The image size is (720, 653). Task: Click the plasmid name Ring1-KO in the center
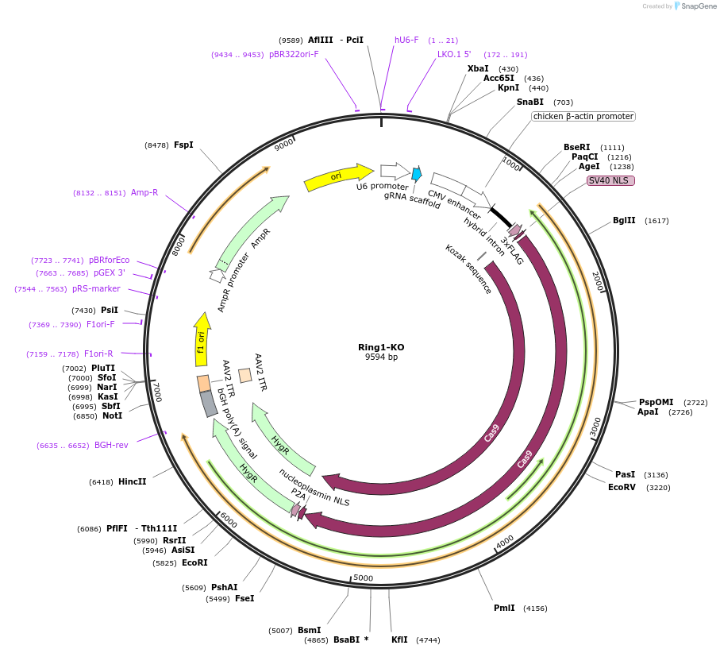pyautogui.click(x=381, y=347)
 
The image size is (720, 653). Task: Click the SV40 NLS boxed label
pyautogui.click(x=610, y=180)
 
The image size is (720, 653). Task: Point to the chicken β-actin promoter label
pyautogui.click(x=583, y=116)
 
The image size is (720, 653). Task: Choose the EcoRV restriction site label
pyautogui.click(x=622, y=487)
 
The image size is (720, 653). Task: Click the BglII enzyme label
pyautogui.click(x=624, y=220)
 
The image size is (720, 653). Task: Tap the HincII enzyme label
pyautogui.click(x=132, y=481)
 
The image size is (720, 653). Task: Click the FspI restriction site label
pyautogui.click(x=183, y=145)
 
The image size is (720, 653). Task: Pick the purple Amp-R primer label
pyautogui.click(x=144, y=192)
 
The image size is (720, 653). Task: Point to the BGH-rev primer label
pyautogui.click(x=111, y=445)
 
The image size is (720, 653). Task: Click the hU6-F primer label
pyautogui.click(x=406, y=40)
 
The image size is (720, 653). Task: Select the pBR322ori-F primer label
pyautogui.click(x=294, y=54)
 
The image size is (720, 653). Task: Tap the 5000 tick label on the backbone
pyautogui.click(x=363, y=578)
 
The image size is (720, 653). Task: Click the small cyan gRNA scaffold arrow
pyautogui.click(x=417, y=173)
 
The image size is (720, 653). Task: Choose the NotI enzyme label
pyautogui.click(x=112, y=415)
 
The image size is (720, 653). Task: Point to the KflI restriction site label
pyautogui.click(x=399, y=639)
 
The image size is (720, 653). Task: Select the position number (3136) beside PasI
pyautogui.click(x=656, y=474)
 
